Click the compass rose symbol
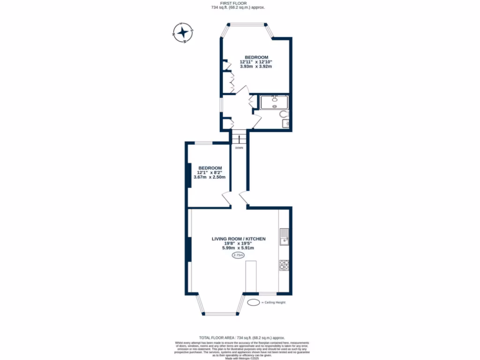coord(183,33)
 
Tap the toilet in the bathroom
coord(283,114)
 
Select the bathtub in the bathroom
coord(274,102)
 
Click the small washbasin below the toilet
coord(285,124)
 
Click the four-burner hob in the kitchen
coord(284,265)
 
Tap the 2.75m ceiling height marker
coord(239,255)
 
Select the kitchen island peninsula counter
coord(251,277)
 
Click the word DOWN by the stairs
coord(239,148)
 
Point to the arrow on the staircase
coord(239,138)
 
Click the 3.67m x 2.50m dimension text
coord(210,177)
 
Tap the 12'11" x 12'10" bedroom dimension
coord(256,62)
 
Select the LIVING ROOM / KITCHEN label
coord(239,239)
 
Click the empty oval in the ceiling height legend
coord(253,302)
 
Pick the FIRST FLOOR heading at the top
coord(240,3)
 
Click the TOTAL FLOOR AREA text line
coord(242,337)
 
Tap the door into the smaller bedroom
coord(226,199)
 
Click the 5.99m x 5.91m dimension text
coord(238,248)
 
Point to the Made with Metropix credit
coord(242,359)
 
